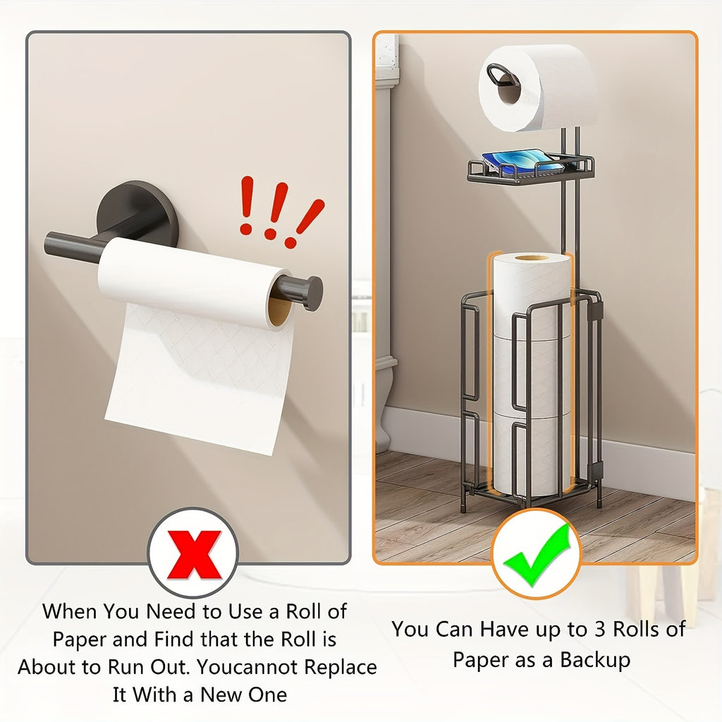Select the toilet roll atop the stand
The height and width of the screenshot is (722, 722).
click(539, 87)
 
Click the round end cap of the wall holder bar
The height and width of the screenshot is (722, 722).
click(308, 293)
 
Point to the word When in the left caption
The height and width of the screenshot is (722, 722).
click(71, 611)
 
